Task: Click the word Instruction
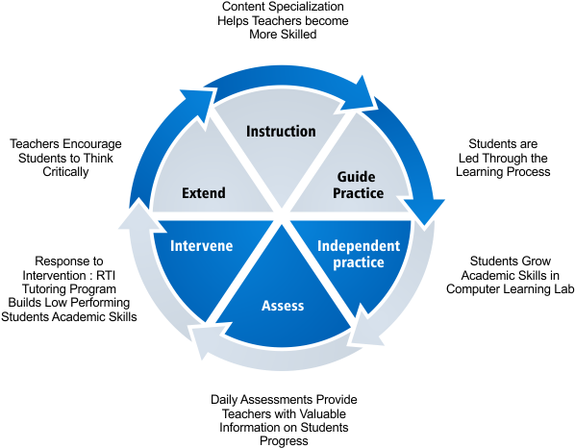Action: click(x=281, y=131)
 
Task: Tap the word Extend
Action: click(x=204, y=193)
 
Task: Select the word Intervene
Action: click(x=201, y=246)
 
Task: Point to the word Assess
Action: click(x=283, y=306)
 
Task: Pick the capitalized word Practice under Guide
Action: click(x=359, y=193)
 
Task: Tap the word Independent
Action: click(x=359, y=246)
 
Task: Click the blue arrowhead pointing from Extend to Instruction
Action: click(x=196, y=102)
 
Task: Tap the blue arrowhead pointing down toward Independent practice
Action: click(x=425, y=210)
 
